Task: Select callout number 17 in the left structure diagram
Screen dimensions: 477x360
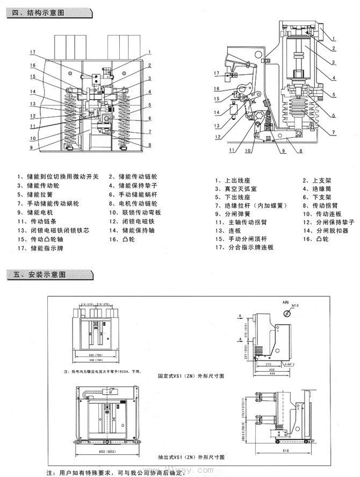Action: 32,52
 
